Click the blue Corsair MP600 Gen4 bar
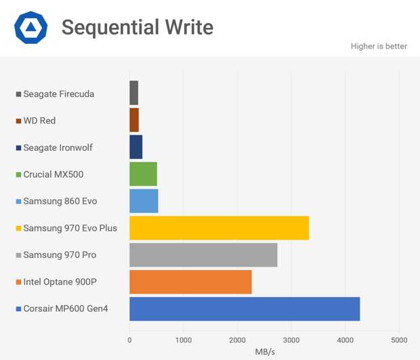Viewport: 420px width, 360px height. click(245, 309)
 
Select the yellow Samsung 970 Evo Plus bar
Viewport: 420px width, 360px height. click(219, 228)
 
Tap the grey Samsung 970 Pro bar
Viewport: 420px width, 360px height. click(203, 255)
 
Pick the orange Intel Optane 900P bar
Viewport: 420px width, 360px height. click(190, 282)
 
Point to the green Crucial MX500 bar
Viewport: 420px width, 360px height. click(144, 174)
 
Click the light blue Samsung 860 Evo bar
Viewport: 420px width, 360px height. click(144, 201)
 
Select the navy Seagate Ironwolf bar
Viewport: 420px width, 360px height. click(135, 147)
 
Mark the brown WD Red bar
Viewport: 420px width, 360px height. click(134, 120)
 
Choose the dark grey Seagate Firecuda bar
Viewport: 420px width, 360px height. click(133, 93)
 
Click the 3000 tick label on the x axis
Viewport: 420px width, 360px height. click(291, 340)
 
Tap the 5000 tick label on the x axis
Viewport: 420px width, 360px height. click(399, 340)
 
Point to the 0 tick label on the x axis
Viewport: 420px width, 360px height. click(129, 340)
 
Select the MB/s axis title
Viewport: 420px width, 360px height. click(265, 352)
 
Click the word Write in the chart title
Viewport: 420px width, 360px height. click(189, 27)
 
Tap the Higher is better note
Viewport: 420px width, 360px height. click(379, 46)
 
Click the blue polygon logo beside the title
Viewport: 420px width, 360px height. click(30, 27)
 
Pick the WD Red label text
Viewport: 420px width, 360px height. click(39, 120)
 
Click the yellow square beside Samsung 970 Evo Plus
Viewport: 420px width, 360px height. click(18, 228)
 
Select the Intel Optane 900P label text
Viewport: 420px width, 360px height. click(60, 282)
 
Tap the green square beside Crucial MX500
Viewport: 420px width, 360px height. click(18, 175)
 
